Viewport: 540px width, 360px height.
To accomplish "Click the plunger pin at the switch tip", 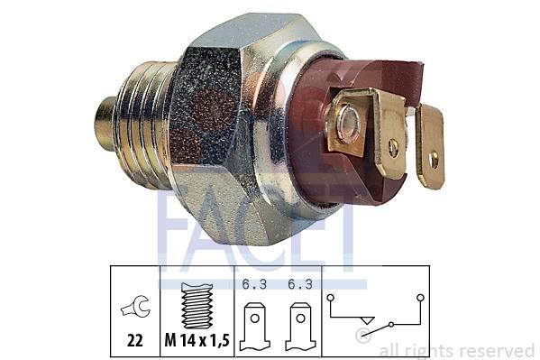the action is coord(106,124).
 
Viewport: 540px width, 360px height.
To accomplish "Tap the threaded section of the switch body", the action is coord(144,125).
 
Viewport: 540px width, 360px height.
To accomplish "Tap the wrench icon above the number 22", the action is coord(135,307).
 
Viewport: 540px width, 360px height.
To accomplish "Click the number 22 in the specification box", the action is coord(134,341).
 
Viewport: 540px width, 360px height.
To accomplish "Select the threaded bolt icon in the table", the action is coord(197,306).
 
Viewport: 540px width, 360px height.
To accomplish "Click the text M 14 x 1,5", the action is coord(197,341).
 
